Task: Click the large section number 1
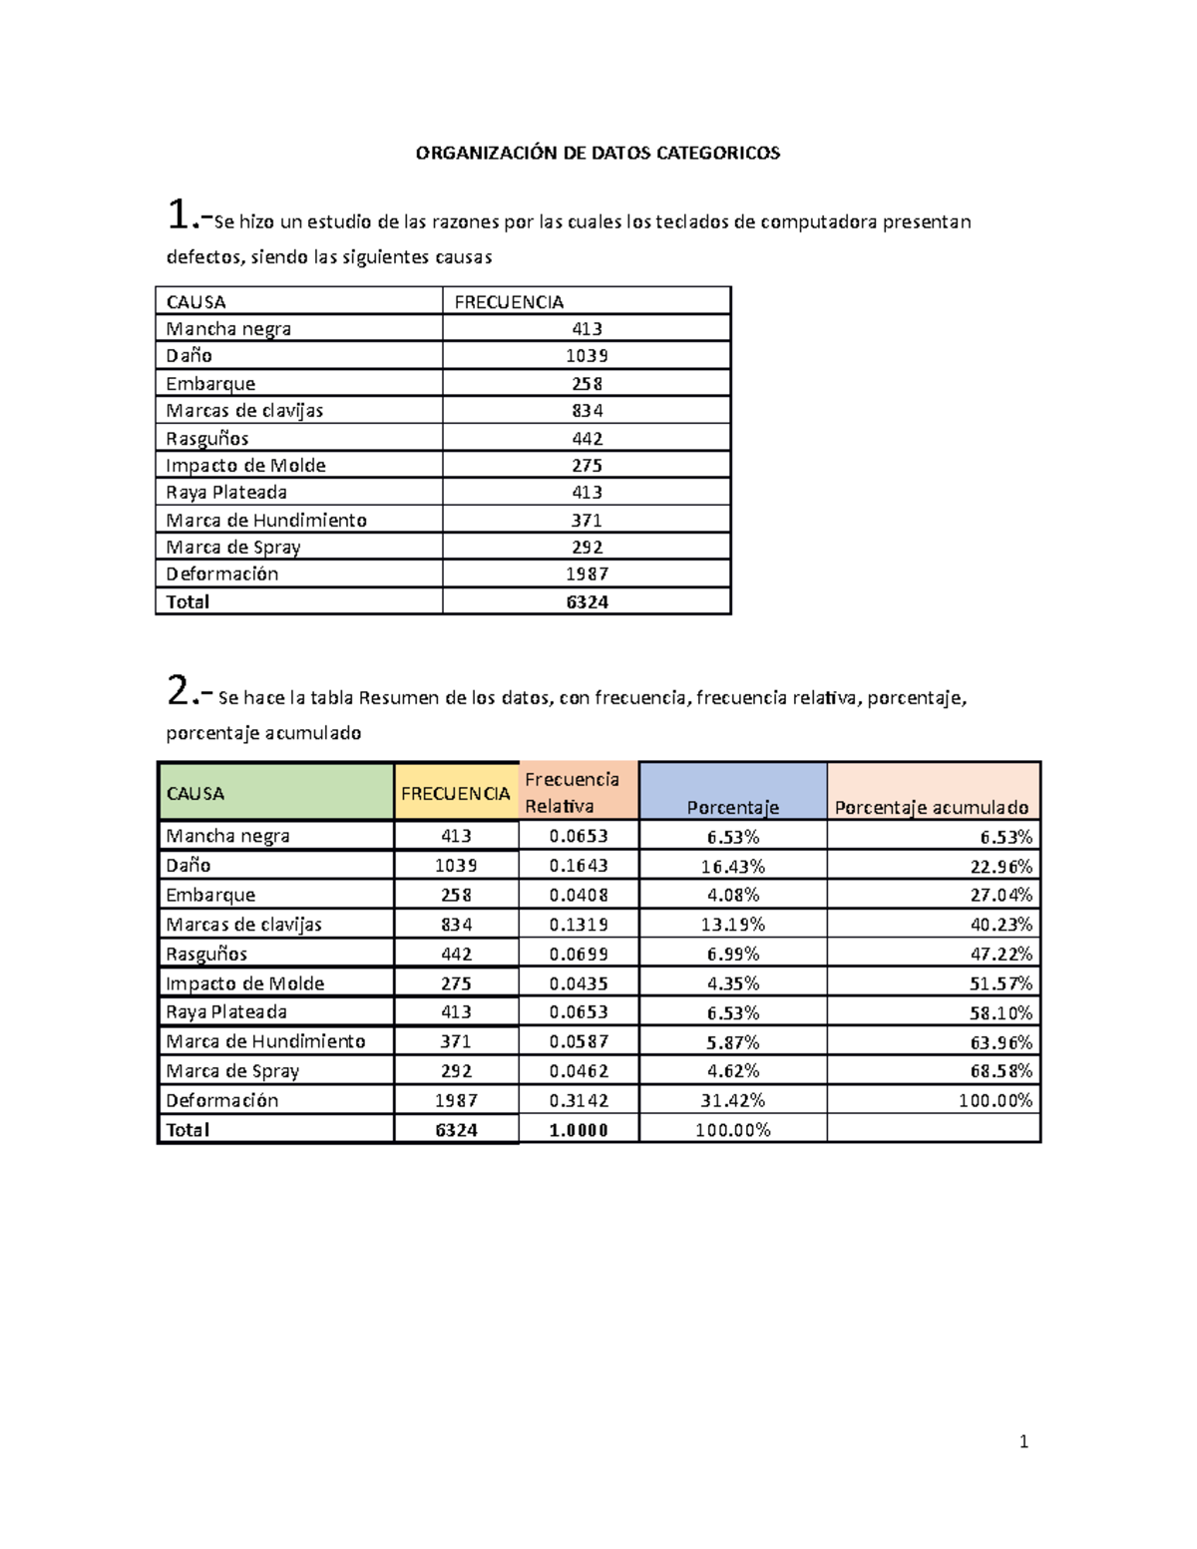point(179,214)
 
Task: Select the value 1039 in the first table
point(587,356)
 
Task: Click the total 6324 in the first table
point(587,601)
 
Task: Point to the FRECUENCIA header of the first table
point(509,301)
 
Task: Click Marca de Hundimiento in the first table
point(266,520)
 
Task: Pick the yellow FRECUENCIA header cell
point(456,793)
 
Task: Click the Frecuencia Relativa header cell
point(577,792)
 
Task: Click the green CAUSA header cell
point(274,793)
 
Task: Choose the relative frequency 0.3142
point(579,1100)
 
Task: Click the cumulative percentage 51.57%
point(1000,983)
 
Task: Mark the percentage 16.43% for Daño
point(732,866)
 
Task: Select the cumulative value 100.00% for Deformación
point(995,1100)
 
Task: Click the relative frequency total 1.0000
point(579,1130)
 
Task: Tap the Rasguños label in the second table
point(206,954)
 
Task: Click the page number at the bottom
point(1023,1441)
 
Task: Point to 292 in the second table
point(456,1071)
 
